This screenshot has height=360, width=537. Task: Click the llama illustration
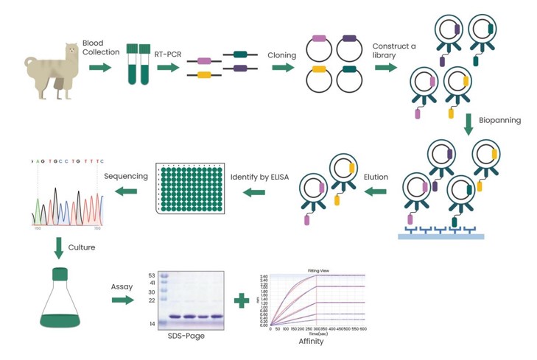coord(52,69)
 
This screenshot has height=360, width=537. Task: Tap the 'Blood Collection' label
coord(101,48)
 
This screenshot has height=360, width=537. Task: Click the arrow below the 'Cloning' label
coord(284,68)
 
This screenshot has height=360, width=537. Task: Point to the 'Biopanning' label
coord(499,120)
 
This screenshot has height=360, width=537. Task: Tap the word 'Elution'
coord(376,177)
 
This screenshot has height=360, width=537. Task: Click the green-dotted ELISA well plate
coord(190,188)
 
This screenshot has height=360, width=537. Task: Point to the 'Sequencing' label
coord(126,176)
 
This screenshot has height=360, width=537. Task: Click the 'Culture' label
coord(81,247)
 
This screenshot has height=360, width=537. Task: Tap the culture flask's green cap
coord(58,274)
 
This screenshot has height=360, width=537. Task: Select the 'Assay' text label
coord(122,286)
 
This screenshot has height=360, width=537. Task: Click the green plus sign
coord(241,300)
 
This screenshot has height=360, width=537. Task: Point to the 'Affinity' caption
coord(311,341)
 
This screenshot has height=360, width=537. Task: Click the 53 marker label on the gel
coord(152,275)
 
